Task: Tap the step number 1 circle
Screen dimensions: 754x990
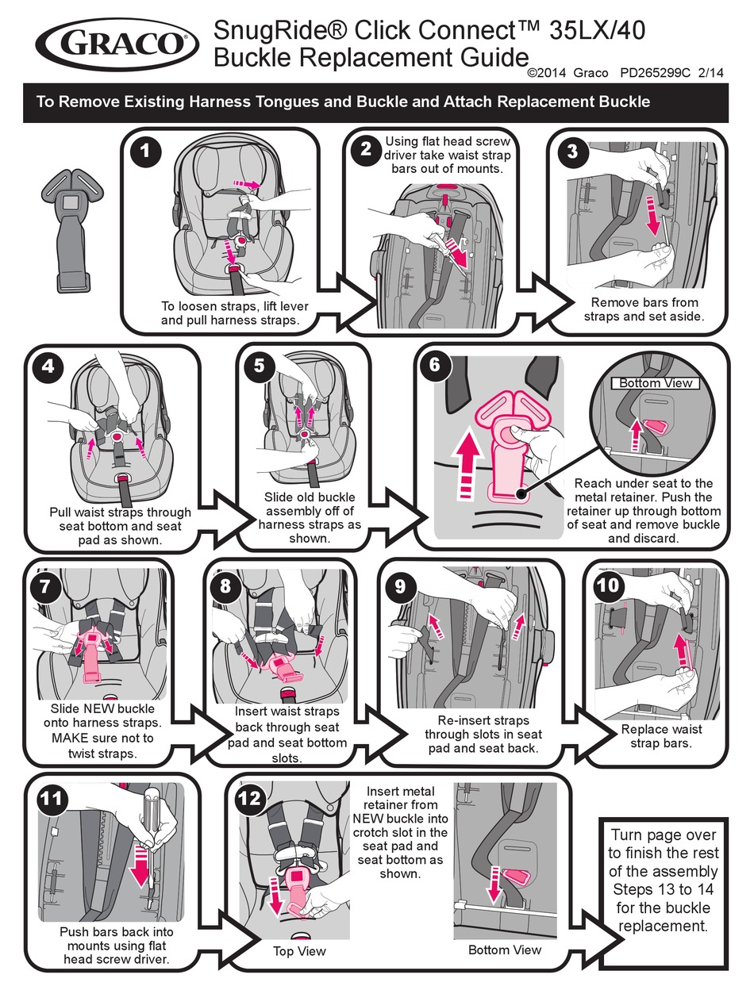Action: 145,151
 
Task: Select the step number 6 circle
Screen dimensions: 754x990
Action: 434,364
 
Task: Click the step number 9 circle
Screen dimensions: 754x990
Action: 400,587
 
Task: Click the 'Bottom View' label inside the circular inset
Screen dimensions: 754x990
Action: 655,383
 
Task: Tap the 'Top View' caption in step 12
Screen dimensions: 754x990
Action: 299,951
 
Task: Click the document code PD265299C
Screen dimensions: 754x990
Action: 655,73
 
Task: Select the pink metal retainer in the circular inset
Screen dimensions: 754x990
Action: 657,426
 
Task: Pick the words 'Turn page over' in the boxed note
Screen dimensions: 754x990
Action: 664,835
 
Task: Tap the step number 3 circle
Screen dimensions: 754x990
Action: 572,151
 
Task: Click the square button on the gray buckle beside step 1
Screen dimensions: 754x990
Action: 71,202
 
